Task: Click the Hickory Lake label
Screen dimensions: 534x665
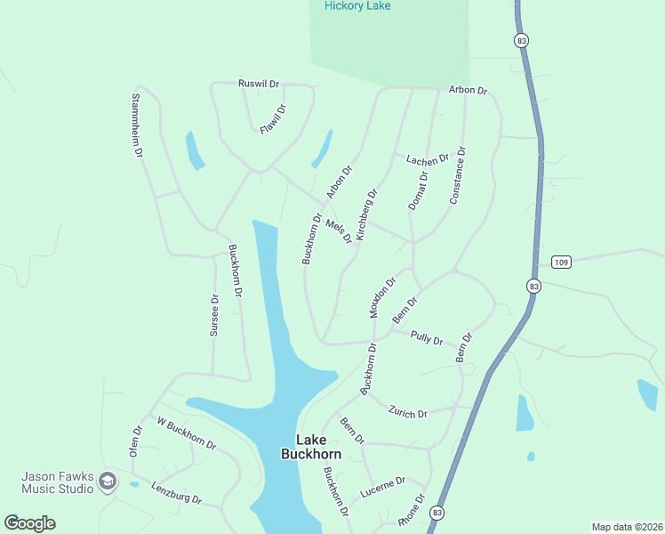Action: (357, 6)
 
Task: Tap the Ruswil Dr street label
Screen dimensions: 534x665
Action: (259, 84)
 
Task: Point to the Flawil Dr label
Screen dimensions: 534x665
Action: (273, 119)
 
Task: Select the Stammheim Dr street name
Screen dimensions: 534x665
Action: (137, 125)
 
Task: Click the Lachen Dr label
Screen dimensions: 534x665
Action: (428, 160)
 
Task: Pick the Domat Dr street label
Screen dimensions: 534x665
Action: (418, 190)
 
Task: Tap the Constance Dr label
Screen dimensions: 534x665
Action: (457, 175)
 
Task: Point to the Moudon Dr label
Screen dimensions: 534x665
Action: (382, 295)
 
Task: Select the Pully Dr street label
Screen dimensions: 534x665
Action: (427, 337)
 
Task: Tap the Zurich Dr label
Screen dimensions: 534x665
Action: (408, 411)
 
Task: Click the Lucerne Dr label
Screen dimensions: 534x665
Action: (383, 487)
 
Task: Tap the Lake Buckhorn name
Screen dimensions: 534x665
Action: (311, 447)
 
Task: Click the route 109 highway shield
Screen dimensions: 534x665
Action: (560, 262)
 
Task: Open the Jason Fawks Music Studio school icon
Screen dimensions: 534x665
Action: (108, 481)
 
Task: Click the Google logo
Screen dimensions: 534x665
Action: (30, 523)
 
